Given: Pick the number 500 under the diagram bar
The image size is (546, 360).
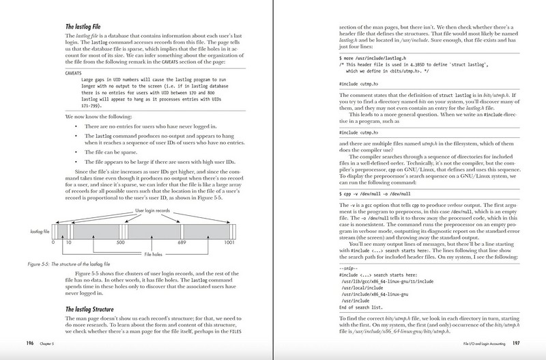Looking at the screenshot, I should point(120,241).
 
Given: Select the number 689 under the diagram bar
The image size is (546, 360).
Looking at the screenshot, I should point(182,241).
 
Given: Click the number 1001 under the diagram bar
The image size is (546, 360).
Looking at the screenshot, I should point(228,241).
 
